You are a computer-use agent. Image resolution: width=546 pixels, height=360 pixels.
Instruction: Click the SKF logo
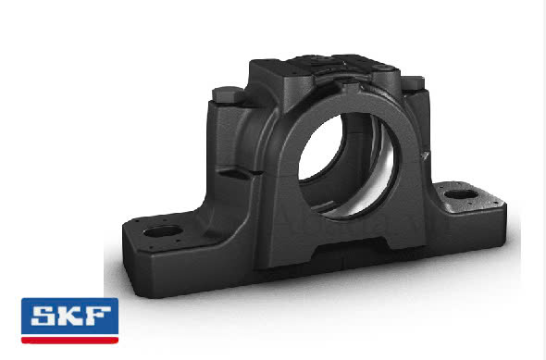(69, 320)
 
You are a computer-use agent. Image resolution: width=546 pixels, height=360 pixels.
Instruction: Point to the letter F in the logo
(98, 316)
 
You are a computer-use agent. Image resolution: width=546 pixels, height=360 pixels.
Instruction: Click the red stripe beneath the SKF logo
(69, 340)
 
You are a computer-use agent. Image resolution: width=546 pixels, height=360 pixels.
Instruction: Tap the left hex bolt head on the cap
(228, 94)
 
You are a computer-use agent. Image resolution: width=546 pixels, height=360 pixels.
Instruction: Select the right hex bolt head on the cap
(413, 83)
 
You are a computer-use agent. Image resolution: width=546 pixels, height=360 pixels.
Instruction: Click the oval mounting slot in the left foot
(163, 230)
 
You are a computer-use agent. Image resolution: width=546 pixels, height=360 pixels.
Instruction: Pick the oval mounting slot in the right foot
(462, 194)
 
